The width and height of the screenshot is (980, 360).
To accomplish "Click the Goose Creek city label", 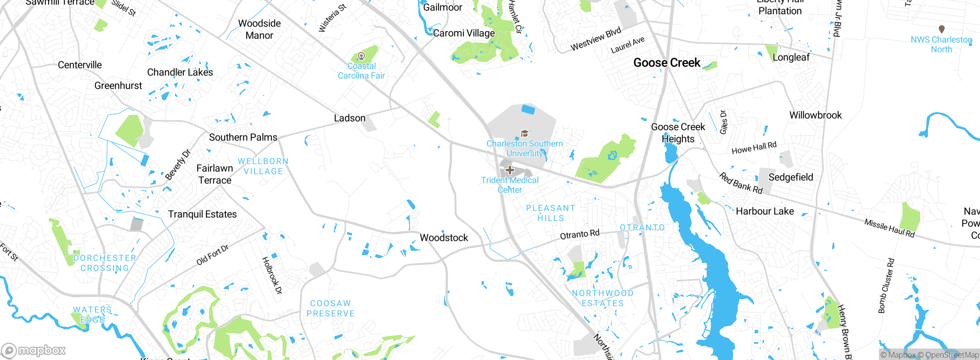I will (666, 63).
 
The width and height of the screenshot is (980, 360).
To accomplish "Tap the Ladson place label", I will (350, 118).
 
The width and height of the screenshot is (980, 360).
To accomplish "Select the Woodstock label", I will (444, 238).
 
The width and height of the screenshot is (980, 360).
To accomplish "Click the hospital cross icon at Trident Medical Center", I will (510, 170).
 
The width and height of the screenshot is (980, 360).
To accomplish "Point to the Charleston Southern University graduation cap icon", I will (524, 133).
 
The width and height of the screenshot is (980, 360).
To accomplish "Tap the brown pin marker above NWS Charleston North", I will (942, 29).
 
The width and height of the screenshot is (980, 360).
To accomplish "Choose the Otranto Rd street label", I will (580, 234).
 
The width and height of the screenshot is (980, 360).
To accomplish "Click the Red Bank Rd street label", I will (741, 183).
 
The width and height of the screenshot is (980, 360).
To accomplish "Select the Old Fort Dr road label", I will (212, 255).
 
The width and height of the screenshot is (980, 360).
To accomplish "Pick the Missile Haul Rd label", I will (889, 228).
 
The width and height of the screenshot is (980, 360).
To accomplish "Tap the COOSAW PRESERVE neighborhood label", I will (330, 308).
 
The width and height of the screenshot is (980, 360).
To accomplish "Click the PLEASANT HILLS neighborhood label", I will (550, 213).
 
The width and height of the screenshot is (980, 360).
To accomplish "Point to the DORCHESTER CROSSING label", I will (105, 263).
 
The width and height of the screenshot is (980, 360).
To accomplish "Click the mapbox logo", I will (34, 350).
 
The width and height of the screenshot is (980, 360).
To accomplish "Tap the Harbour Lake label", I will (764, 211).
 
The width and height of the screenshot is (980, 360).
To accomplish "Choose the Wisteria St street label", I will (332, 18).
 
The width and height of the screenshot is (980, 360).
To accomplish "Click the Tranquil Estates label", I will (202, 214).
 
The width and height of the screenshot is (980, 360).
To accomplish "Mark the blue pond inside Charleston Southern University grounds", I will (528, 109).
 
